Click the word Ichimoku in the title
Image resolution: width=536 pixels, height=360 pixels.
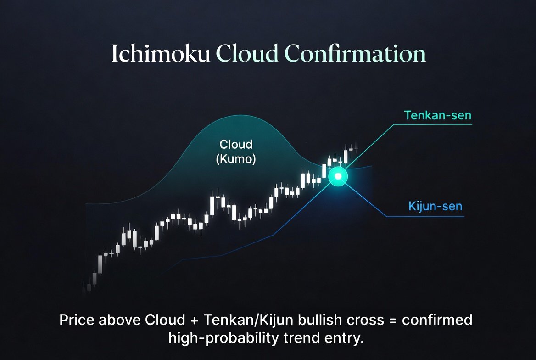[x=160, y=54]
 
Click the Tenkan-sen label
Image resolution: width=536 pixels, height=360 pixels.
[x=437, y=115]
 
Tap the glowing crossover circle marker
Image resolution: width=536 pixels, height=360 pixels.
[x=339, y=176]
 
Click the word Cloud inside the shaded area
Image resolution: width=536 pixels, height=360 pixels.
[x=236, y=145]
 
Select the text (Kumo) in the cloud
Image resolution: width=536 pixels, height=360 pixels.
[x=236, y=160]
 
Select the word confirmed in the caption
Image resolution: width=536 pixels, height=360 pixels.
[x=437, y=320]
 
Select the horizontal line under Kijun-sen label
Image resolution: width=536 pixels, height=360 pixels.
[x=424, y=216]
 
